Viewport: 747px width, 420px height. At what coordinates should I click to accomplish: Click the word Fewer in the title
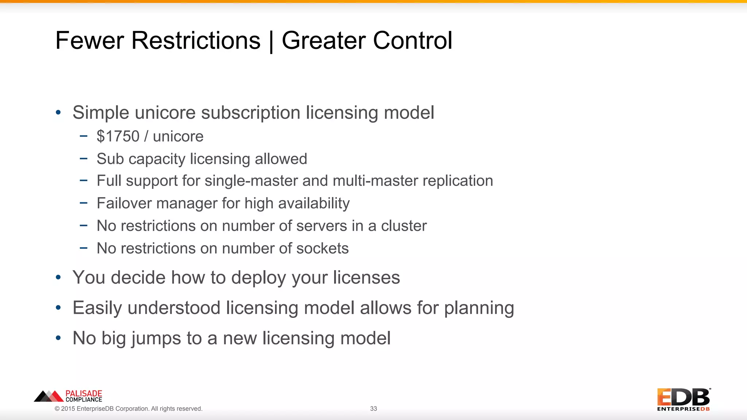90,40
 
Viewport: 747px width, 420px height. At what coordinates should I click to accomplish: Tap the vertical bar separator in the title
271,42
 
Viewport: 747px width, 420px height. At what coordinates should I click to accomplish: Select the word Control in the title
413,40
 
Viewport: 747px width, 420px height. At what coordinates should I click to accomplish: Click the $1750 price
118,136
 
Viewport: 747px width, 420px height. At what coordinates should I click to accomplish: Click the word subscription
251,113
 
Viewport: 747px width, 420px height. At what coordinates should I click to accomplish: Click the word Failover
124,203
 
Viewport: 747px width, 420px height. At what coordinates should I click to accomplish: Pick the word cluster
404,226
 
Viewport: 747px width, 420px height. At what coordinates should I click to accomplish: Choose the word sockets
322,249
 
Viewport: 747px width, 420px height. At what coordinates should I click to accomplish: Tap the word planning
479,308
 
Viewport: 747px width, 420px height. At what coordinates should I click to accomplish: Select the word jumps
156,339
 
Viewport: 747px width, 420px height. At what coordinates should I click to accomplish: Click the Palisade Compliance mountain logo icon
49,396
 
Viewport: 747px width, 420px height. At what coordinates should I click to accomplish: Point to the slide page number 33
373,409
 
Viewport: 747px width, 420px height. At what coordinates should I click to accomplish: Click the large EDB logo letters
683,397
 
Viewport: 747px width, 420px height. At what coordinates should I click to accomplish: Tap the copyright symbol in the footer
57,409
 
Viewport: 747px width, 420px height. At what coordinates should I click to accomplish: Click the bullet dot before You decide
58,278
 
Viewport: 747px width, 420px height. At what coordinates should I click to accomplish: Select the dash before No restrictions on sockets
84,248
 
